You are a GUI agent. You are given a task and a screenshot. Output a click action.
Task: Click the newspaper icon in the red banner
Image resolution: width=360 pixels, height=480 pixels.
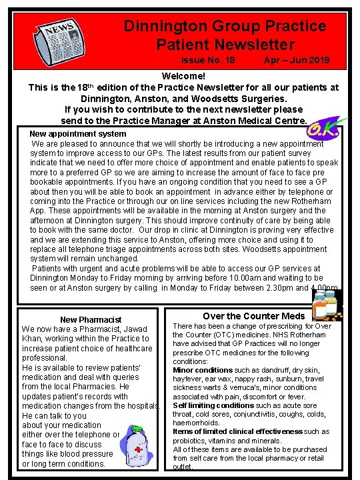(x=58, y=39)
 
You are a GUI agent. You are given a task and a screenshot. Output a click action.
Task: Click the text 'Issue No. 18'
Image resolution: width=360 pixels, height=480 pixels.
(x=208, y=60)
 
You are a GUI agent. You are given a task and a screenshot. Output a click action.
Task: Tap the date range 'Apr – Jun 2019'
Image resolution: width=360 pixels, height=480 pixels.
(x=296, y=60)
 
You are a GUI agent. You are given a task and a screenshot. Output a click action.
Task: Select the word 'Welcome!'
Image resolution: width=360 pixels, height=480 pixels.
(x=183, y=76)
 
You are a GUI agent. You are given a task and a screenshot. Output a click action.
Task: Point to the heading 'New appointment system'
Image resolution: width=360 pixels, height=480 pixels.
(x=78, y=134)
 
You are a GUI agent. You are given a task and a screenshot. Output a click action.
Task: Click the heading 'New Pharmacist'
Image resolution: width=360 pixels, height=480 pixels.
(x=91, y=320)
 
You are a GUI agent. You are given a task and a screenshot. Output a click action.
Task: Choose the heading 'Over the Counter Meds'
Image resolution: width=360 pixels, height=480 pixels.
(x=254, y=315)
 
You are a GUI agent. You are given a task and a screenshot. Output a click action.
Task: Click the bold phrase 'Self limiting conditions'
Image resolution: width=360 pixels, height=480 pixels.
(x=213, y=405)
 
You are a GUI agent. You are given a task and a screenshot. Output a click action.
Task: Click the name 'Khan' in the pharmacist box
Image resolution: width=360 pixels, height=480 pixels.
(x=34, y=339)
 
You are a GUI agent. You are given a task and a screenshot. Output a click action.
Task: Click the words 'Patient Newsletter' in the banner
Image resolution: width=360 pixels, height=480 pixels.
(x=225, y=45)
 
